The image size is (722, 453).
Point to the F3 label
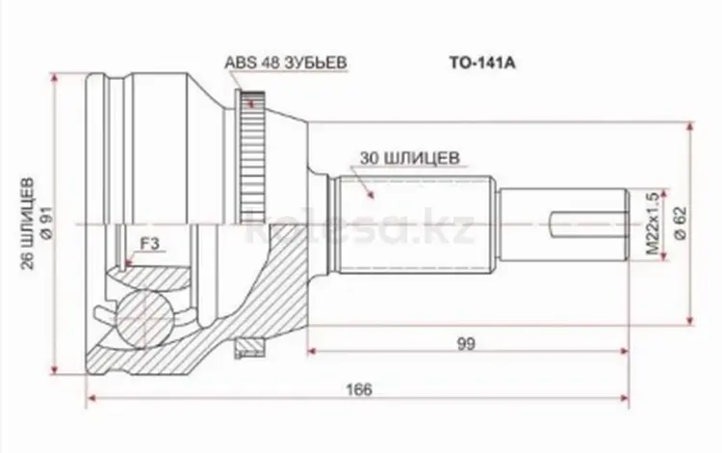(149, 245)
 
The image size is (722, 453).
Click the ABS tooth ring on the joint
(252, 154)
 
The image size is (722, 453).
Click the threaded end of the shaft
(568, 224)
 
